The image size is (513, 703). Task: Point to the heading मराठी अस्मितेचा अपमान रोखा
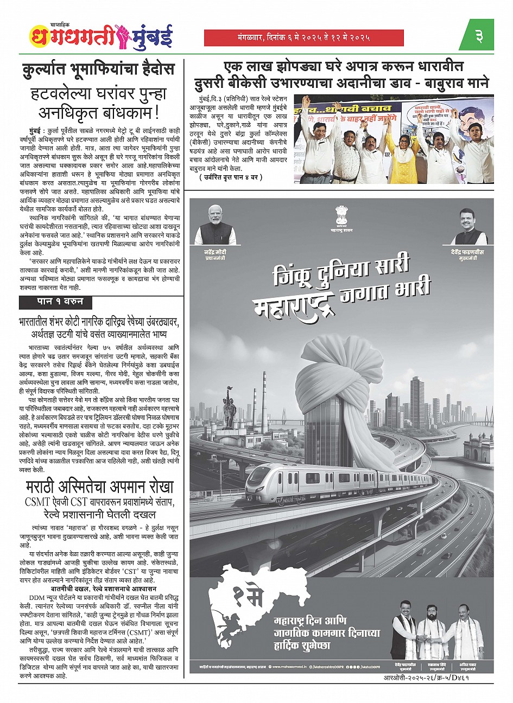coord(100,486)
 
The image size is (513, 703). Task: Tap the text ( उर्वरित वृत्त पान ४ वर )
coord(231,177)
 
